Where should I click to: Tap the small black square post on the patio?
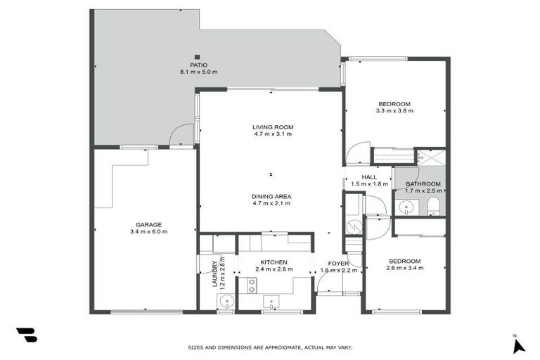[198, 57]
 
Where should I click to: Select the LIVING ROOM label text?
[273, 127]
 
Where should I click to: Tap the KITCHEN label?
[274, 262]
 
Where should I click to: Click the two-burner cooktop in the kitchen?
[251, 284]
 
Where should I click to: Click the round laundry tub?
[225, 302]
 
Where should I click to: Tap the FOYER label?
[339, 264]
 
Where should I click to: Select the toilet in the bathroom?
[433, 205]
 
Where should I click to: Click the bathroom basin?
[405, 207]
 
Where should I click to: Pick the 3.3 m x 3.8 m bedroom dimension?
[394, 111]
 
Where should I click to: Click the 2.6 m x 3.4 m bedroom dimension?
[404, 268]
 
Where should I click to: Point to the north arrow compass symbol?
[518, 345]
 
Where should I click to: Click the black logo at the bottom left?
[26, 335]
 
